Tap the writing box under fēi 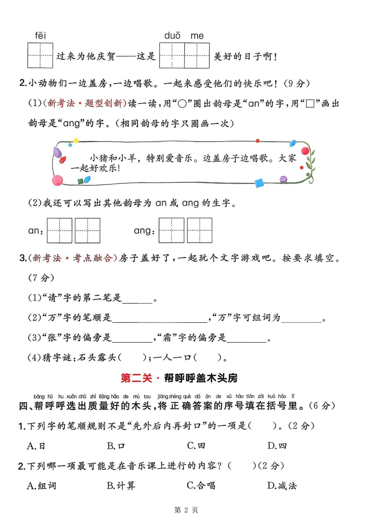40,55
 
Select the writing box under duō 172,55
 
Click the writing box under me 197,55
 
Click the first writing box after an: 59,231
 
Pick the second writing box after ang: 199,231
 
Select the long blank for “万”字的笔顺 160,319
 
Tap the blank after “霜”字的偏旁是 246,339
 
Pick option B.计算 121,486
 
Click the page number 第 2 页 186,510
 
